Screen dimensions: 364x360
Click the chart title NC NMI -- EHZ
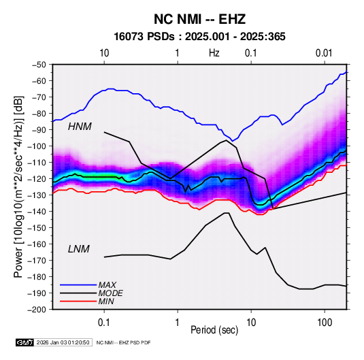(199, 19)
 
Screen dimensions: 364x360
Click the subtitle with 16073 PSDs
(199, 37)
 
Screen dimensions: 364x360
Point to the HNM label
(80, 127)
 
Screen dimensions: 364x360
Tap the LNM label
(78, 249)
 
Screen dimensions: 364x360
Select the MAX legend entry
(107, 284)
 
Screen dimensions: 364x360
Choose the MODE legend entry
(110, 293)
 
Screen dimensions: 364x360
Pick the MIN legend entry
(106, 301)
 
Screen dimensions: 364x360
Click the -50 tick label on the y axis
(39, 65)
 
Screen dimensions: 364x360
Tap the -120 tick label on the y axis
(37, 179)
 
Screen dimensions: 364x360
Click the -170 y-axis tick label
(37, 261)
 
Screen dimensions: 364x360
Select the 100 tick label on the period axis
(325, 323)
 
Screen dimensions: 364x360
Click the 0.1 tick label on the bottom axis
(104, 323)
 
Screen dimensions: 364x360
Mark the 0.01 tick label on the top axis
(324, 53)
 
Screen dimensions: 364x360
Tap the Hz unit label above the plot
(214, 53)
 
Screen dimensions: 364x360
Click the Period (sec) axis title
(214, 330)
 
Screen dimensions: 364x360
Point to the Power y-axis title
(18, 186)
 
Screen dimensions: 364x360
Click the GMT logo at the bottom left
(25, 342)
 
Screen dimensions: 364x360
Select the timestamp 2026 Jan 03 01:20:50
(63, 342)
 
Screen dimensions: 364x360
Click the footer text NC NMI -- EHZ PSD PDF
(124, 342)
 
